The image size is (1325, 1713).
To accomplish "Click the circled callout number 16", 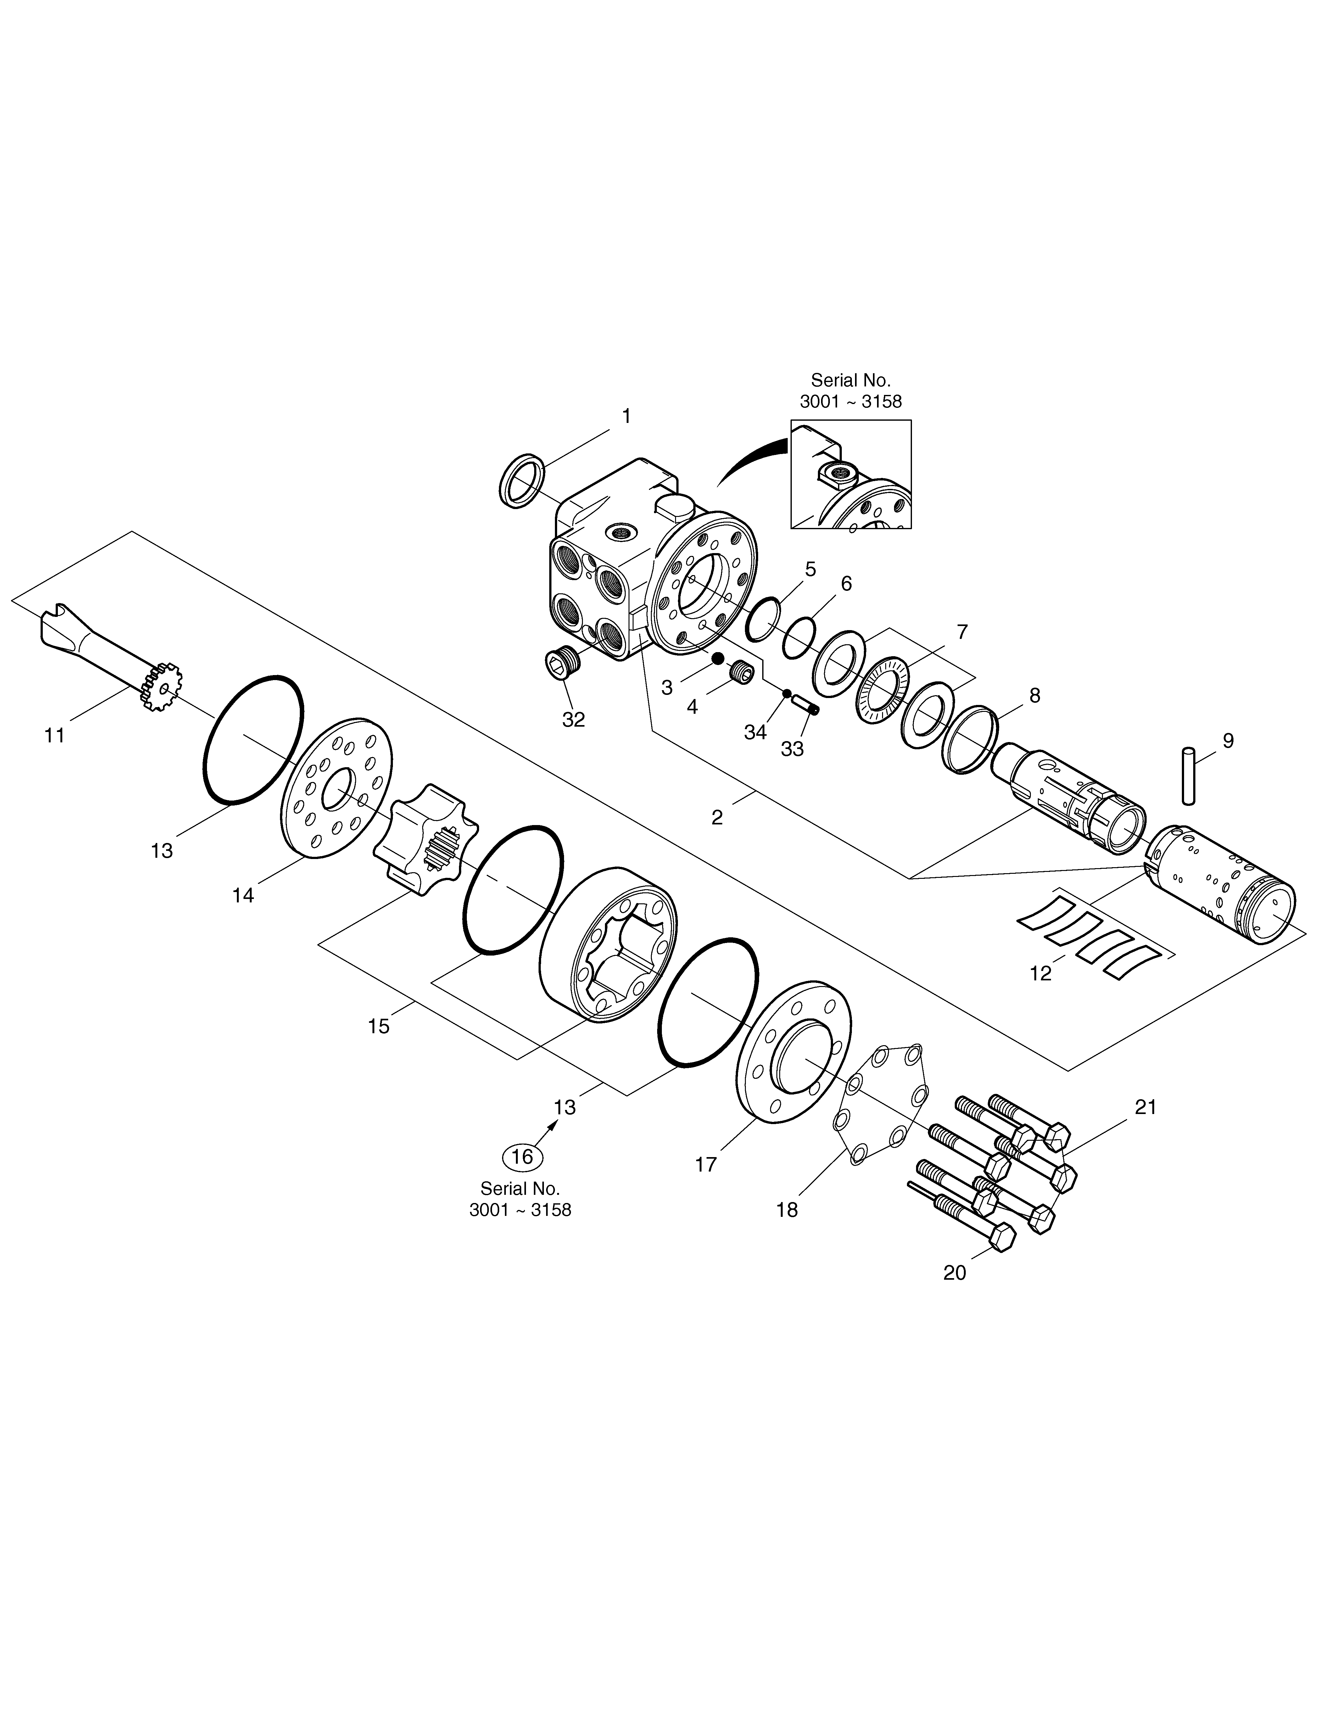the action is point(522,1156).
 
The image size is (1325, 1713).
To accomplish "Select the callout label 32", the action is point(573,719).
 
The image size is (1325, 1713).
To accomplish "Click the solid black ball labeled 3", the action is point(717,659).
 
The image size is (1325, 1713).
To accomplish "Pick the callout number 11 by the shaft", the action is point(54,736).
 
